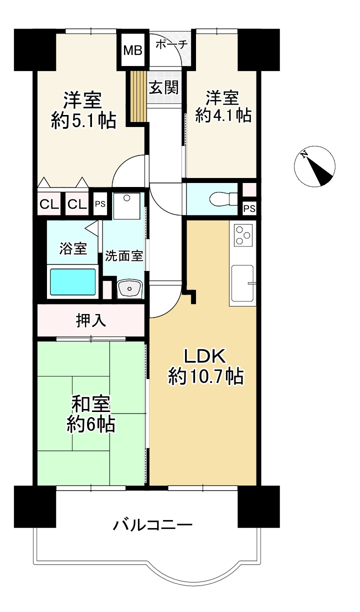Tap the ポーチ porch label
click(x=171, y=44)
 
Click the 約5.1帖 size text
click(x=83, y=120)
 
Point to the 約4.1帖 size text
click(x=223, y=115)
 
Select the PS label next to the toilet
click(x=249, y=208)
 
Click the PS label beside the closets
click(x=100, y=204)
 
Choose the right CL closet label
click(x=76, y=204)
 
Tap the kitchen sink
click(x=243, y=283)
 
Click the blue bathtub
click(x=72, y=282)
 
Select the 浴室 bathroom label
click(x=73, y=248)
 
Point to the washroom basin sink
click(x=131, y=288)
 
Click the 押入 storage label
click(x=91, y=320)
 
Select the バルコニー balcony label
click(x=152, y=525)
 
